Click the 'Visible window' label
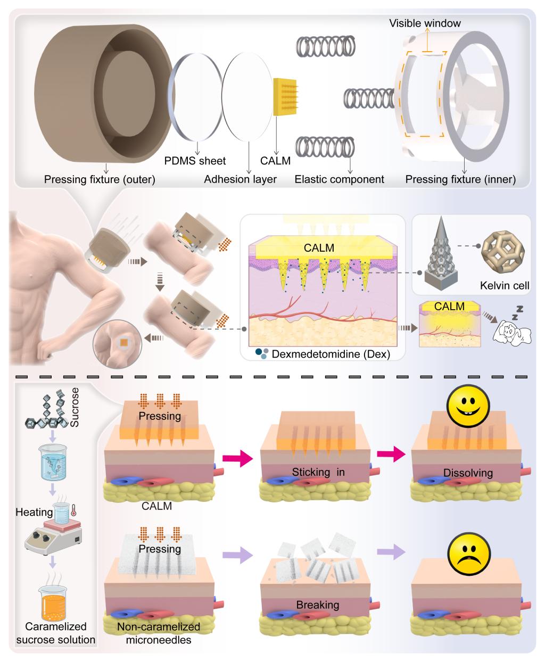[x=425, y=23]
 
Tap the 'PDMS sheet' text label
[x=195, y=161]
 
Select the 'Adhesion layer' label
[x=240, y=179]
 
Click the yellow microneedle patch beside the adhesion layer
[x=285, y=96]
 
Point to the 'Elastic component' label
[x=339, y=179]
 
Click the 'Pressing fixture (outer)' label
[x=100, y=179]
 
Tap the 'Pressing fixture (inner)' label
[x=460, y=179]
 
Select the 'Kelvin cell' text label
[x=505, y=286]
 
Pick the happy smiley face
[x=468, y=406]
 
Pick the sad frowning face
[x=469, y=553]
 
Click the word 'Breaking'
[x=318, y=605]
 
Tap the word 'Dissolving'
[x=468, y=473]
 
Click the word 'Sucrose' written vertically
[x=74, y=407]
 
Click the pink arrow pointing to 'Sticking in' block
[x=237, y=458]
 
